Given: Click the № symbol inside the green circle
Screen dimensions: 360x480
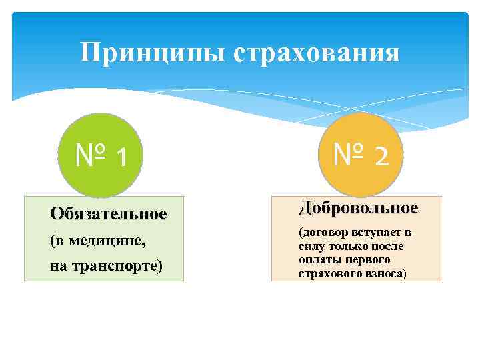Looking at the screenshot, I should (91, 156).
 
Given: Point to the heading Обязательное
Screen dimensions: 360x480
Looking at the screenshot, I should (108, 214).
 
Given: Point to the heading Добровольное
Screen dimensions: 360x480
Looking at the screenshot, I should (358, 208).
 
